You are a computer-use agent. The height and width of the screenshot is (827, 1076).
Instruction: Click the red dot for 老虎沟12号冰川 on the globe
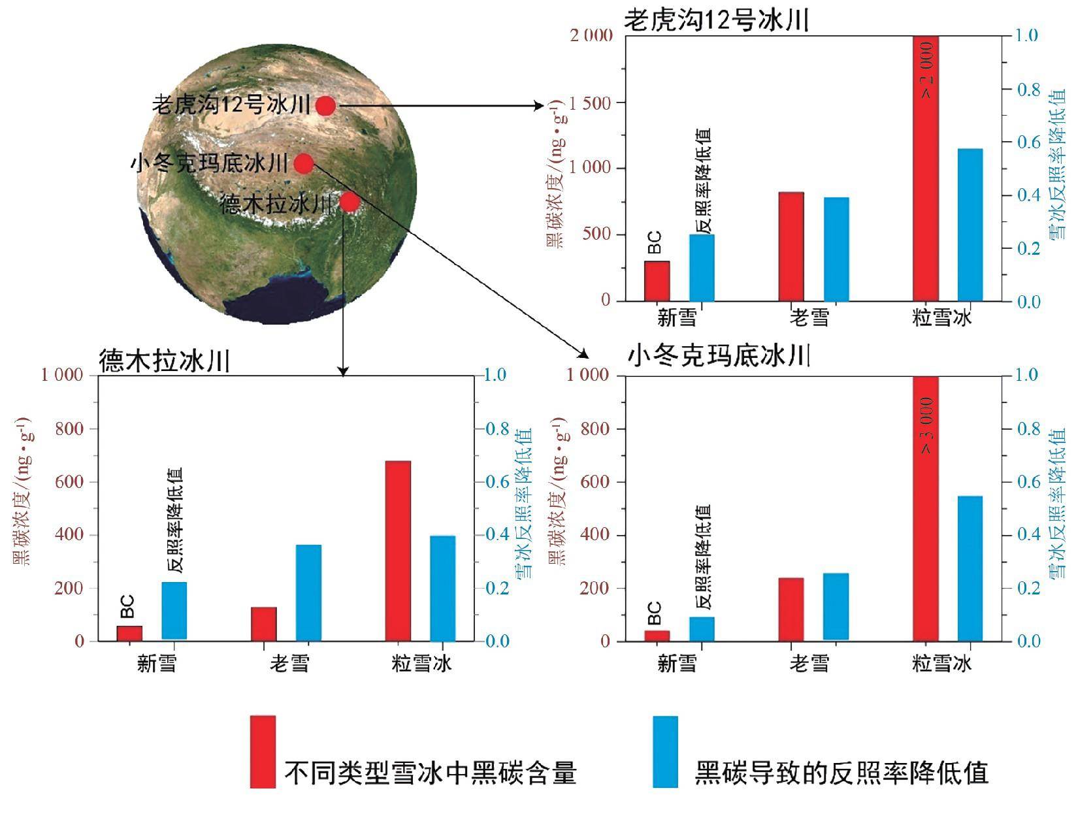coord(326,105)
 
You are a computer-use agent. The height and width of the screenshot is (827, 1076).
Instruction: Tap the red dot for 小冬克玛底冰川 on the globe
coord(304,163)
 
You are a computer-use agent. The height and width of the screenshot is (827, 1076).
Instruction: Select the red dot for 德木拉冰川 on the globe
coord(350,203)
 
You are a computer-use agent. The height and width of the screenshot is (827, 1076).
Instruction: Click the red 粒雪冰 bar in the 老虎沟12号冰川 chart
coord(926,169)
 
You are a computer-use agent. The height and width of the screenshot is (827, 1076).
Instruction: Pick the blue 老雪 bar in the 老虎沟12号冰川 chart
coord(836,249)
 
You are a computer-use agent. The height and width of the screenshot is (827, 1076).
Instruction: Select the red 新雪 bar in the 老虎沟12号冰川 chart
coord(657,281)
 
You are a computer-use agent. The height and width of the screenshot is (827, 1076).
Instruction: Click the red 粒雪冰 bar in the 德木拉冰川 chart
coord(398,551)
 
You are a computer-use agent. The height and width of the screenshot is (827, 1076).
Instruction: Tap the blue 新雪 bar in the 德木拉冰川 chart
coord(174,611)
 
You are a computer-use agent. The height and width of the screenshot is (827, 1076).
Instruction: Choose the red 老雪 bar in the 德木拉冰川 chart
coord(264,624)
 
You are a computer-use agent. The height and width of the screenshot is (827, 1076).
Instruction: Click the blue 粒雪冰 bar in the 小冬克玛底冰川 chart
coord(970,568)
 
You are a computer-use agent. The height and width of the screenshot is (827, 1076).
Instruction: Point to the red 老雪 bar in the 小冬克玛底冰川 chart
coord(791,609)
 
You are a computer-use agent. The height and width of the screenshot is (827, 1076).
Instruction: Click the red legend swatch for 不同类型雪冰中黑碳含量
coord(263,751)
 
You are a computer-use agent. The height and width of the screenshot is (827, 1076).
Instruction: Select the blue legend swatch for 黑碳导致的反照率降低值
coord(666,751)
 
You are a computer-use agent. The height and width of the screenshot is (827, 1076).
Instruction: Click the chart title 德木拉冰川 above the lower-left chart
coord(165,361)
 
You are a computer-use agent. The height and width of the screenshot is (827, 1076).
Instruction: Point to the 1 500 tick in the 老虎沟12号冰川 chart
coord(591,103)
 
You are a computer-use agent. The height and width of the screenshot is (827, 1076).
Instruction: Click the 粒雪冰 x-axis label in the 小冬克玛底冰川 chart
coord(941,664)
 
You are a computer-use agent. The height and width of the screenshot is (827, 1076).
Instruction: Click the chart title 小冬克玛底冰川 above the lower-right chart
coord(719,357)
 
